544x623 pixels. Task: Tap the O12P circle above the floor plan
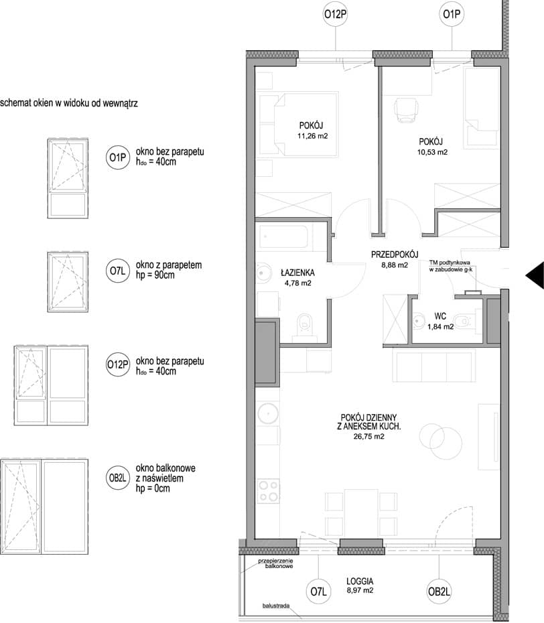336,15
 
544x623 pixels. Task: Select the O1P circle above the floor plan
452,15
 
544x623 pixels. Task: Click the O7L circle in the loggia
318,592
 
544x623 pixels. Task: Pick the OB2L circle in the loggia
439,592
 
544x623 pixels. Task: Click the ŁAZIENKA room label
297,273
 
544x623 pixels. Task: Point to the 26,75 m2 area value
368,436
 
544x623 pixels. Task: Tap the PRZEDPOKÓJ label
395,255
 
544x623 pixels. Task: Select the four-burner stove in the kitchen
268,491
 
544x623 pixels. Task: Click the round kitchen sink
268,413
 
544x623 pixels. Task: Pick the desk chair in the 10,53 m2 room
407,110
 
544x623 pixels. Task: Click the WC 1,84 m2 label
440,322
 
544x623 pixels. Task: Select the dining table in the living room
361,512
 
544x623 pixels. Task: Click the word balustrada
276,606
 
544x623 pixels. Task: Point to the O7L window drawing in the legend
68,282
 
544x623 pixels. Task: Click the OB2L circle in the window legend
118,478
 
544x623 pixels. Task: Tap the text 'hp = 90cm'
155,275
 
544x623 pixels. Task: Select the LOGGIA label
360,581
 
